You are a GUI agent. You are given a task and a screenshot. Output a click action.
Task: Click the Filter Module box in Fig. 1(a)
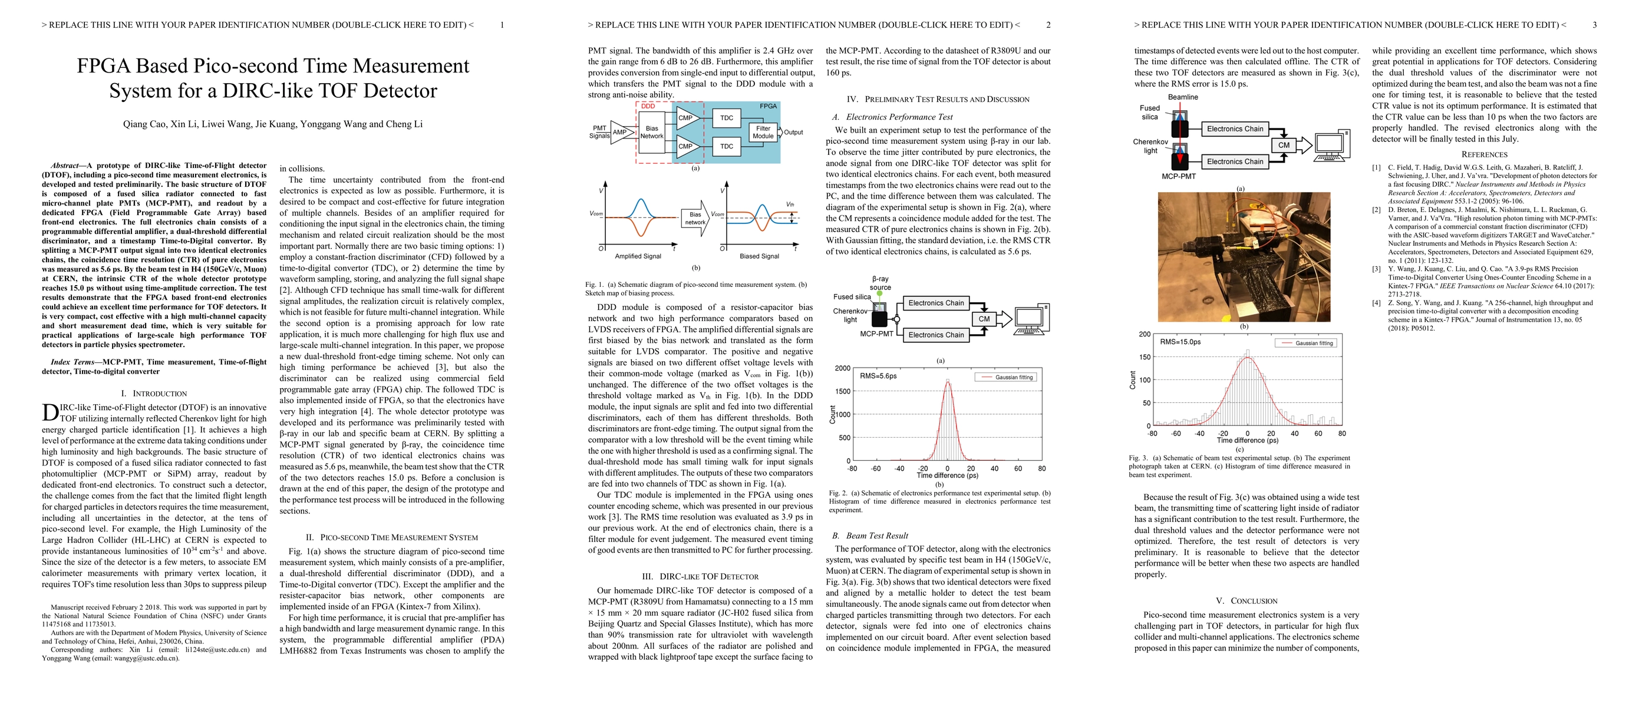[763, 132]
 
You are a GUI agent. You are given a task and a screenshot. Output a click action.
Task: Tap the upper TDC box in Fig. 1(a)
[727, 118]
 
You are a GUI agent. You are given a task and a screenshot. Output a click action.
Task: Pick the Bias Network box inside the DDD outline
[651, 132]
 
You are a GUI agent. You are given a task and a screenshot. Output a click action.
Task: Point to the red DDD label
[648, 106]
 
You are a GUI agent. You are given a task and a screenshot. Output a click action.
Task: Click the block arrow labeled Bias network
[695, 218]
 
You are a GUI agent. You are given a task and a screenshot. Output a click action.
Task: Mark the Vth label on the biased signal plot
[790, 204]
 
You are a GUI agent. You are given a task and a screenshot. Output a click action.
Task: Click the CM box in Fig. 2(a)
[984, 319]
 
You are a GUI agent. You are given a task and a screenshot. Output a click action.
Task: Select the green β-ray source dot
[880, 294]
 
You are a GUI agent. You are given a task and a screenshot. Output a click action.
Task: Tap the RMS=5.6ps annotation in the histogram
[878, 376]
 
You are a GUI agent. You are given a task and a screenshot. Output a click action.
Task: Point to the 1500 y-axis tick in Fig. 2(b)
[842, 391]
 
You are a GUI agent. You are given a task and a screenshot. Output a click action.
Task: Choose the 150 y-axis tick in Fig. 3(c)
[1145, 356]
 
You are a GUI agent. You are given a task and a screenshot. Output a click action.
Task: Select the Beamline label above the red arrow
[1183, 97]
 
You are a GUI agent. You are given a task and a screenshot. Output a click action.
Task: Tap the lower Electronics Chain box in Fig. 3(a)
[1234, 161]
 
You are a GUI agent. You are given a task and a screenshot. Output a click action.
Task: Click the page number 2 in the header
[1048, 25]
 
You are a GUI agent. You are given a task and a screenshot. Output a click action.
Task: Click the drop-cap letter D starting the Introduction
[50, 412]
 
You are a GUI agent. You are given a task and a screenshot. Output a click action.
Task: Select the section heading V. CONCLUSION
[1246, 601]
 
